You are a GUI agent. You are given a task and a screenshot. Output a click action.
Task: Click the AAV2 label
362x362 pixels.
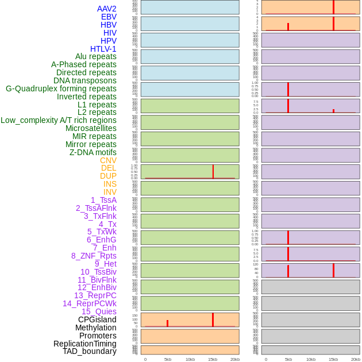coord(106,9)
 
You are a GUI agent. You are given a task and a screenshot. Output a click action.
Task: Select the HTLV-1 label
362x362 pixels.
coord(103,49)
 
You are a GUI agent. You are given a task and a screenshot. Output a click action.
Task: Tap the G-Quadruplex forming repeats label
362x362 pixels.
coord(61,89)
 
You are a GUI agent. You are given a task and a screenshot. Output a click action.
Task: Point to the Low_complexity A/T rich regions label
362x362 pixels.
coord(58,120)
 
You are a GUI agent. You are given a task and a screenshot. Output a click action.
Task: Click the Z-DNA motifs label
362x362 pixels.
coord(93,152)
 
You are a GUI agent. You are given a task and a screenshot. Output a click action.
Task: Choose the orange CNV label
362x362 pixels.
coord(108,160)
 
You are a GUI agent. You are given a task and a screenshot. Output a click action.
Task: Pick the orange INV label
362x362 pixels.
coord(110,192)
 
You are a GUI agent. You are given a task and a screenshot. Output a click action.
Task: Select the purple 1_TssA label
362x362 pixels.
coord(103,200)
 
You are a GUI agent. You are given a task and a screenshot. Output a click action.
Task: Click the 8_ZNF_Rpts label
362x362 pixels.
coord(94,256)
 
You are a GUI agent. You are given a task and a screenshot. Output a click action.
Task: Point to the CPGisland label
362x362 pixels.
coord(97,319)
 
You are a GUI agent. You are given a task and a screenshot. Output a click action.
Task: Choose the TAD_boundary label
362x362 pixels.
coord(89,351)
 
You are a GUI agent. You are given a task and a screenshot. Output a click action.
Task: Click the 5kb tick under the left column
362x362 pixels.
coord(168,359)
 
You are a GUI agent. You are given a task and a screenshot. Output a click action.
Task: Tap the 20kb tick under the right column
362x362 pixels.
coord(356,359)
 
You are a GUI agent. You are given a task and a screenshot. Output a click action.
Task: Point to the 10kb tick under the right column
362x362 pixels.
coord(311,359)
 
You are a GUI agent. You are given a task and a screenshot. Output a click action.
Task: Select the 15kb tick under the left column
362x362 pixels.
coord(213,359)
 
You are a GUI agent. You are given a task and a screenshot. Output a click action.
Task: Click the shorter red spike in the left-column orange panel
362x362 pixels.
coord(167,324)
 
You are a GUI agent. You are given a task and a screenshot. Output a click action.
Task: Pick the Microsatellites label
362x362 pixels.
coord(91,128)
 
